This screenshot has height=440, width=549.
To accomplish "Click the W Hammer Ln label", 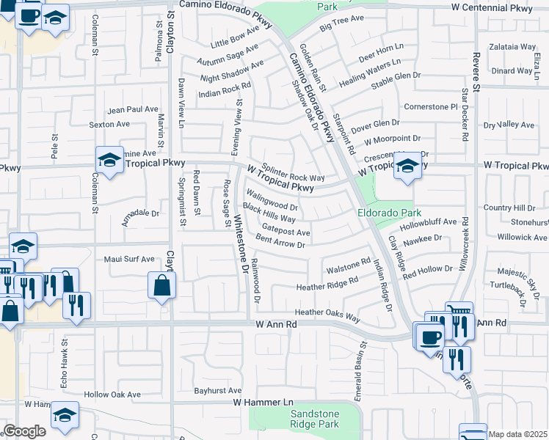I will click(x=263, y=403).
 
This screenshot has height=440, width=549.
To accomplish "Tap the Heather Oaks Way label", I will click(x=327, y=315).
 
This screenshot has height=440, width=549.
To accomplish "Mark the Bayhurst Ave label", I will click(x=218, y=391).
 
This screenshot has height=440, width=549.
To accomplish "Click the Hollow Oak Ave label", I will click(x=112, y=394).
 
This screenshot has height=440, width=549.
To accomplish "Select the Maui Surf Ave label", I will click(x=129, y=259).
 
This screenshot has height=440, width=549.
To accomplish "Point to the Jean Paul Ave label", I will click(x=133, y=110).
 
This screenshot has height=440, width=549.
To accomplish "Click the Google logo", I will click(x=24, y=431).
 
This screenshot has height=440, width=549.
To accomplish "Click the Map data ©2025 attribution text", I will click(x=517, y=434).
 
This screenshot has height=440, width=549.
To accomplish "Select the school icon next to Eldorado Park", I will click(x=407, y=167).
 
